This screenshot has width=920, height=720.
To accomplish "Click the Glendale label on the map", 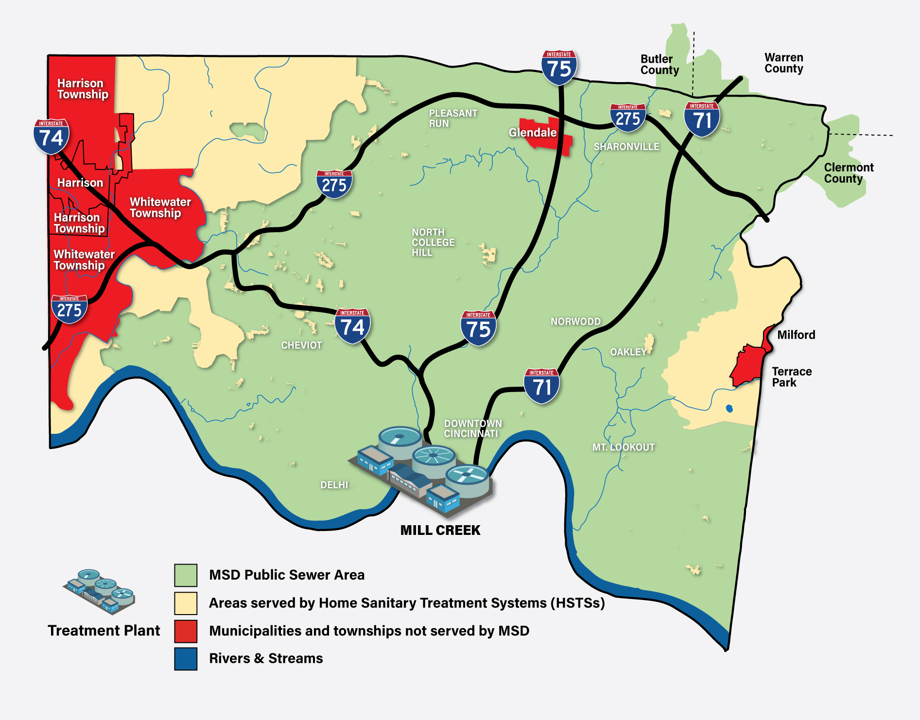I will (x=532, y=133).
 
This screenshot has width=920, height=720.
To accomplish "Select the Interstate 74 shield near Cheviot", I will (x=352, y=326).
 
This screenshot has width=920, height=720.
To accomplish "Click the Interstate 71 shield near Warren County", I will (x=702, y=119).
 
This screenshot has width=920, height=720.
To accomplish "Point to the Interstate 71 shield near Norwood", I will (x=541, y=386).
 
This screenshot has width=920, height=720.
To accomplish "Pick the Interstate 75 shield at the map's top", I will (x=559, y=68).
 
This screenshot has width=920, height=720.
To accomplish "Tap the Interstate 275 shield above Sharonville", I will (x=627, y=118).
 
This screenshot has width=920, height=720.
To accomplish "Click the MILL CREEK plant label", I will (x=440, y=530).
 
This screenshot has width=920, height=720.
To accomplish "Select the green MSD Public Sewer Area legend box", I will (x=186, y=575).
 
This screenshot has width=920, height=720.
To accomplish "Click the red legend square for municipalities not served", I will (x=186, y=631).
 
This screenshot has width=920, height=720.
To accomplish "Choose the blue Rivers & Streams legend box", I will (x=186, y=659).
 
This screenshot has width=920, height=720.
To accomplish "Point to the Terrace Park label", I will (x=791, y=377).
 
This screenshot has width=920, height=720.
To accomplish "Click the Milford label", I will (x=796, y=335).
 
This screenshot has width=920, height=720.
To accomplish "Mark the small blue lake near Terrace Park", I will (x=729, y=409).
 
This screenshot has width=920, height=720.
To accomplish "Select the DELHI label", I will (x=334, y=485).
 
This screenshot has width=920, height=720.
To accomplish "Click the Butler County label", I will (x=659, y=65).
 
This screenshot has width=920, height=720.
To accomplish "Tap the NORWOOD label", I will (x=575, y=322).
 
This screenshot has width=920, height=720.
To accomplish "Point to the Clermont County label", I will (x=848, y=173).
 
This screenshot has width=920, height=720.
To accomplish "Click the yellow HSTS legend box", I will (x=186, y=603).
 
